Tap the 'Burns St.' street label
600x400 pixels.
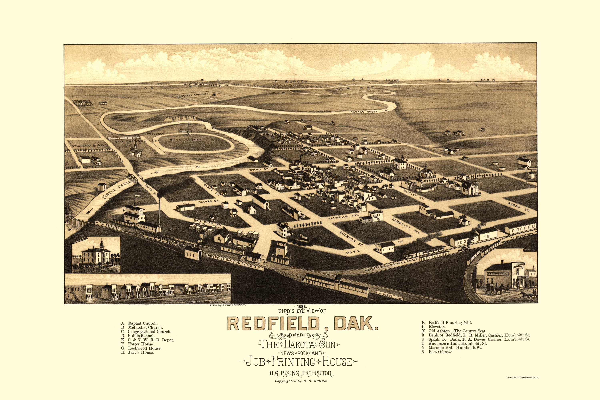click(519, 206)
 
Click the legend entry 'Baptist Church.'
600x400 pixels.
click(143, 323)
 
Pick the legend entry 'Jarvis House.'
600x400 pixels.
click(141, 352)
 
